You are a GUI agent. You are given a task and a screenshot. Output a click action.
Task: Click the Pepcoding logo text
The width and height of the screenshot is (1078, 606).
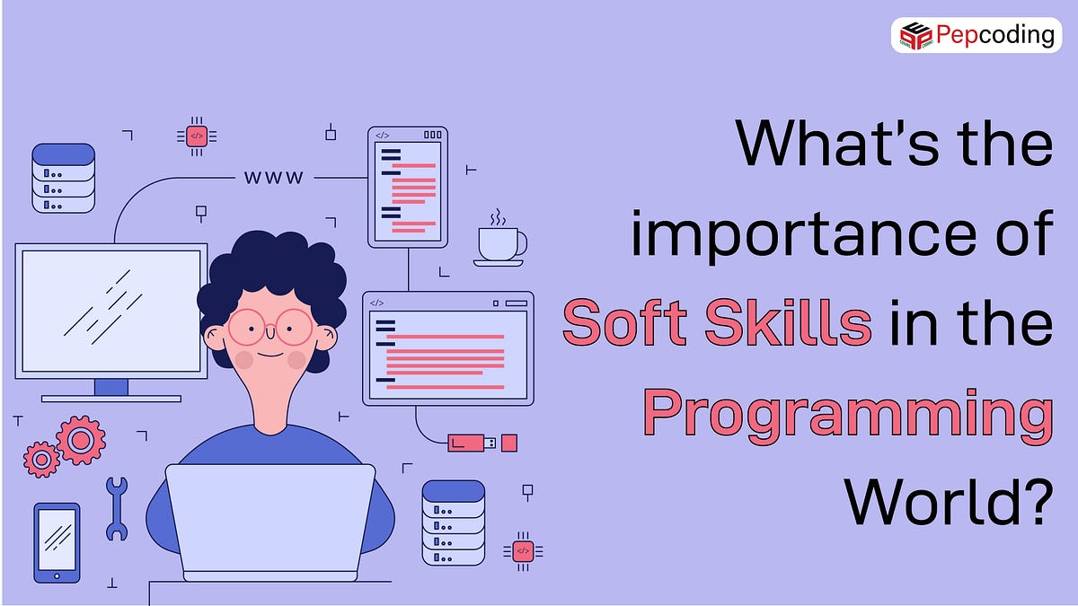coord(994,35)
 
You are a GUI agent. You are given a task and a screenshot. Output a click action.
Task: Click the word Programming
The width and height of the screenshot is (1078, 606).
coord(847,414)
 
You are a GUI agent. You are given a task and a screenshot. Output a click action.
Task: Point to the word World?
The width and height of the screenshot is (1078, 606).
coord(949,503)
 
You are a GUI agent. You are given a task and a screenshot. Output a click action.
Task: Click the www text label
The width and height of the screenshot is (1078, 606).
coord(274,178)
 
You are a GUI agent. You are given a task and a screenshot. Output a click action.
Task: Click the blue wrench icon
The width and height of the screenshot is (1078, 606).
coord(117,507)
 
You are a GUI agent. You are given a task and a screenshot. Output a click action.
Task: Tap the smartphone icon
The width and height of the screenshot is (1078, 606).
coord(57,541)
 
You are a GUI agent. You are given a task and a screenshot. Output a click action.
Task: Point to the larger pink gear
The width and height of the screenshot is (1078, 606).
coord(81,439)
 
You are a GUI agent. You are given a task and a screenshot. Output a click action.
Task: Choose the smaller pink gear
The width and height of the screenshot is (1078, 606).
coord(41,459)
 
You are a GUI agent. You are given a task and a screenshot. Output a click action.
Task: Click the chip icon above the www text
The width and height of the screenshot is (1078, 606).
coord(197,136)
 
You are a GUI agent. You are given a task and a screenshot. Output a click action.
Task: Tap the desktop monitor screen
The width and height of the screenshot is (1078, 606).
coord(110,311)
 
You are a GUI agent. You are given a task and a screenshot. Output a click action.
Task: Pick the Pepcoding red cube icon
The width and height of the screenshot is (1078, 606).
coord(915,36)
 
